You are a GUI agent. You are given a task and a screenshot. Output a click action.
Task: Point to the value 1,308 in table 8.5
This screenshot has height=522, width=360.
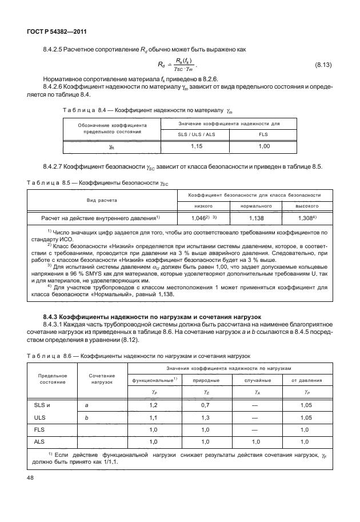point(310,218)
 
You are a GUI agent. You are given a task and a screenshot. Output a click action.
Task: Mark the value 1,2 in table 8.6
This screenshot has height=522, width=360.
point(153,405)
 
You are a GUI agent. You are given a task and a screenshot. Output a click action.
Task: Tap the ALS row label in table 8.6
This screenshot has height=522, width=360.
point(40,442)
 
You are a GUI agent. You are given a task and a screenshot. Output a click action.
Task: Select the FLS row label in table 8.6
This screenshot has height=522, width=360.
point(40,429)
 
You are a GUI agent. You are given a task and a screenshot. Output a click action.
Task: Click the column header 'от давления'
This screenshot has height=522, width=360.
point(307,380)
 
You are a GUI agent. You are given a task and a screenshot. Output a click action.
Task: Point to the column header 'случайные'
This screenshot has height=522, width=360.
point(255,380)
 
